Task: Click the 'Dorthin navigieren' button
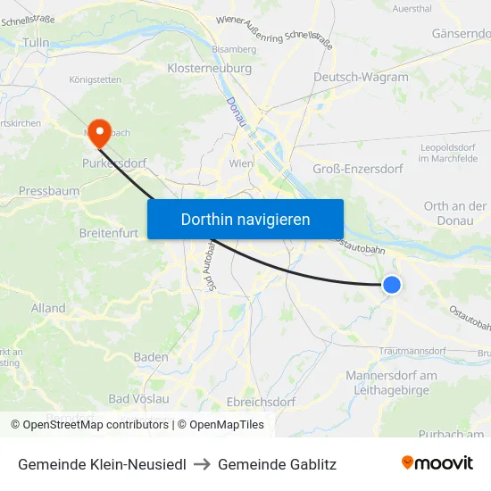point(245,219)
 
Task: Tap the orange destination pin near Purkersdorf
point(98,134)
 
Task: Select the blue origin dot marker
point(391,285)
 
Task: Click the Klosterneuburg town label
point(210,68)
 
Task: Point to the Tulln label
point(37,42)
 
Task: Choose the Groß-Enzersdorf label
point(358,169)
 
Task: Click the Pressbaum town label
point(49,191)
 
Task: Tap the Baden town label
point(150,357)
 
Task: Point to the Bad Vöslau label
point(138,398)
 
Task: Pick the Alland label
point(48,308)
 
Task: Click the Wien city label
point(242,164)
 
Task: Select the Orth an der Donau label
point(455,212)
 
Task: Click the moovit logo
point(437,463)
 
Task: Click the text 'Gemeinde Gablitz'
point(277,464)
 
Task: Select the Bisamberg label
point(233,49)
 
